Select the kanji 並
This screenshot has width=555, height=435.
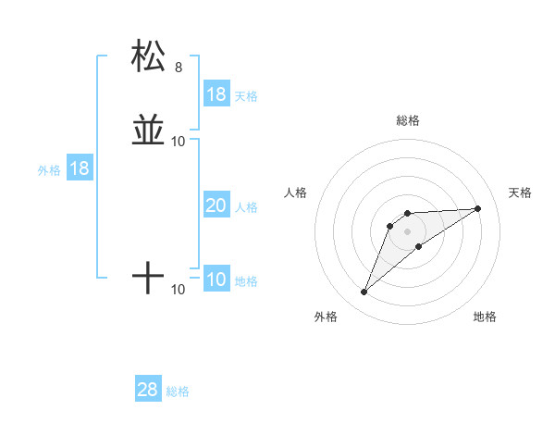tap(148, 130)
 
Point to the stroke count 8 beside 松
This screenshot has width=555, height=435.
tap(179, 68)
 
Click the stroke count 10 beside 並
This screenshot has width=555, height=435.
tap(179, 142)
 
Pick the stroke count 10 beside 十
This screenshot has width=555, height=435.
tap(179, 290)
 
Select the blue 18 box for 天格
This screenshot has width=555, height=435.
tap(216, 94)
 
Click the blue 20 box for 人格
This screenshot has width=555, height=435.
tap(216, 206)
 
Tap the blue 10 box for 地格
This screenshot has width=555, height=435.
tap(216, 280)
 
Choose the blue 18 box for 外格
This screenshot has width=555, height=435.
tap(80, 169)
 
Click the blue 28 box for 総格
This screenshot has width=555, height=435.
tap(148, 390)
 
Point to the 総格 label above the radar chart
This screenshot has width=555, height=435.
tap(408, 120)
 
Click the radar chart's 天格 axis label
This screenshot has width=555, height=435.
tap(521, 193)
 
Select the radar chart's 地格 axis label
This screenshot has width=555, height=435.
tap(485, 317)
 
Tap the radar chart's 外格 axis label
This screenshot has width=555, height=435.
tap(326, 317)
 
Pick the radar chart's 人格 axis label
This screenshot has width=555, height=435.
tap(296, 193)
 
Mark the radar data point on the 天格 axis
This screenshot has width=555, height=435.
tap(478, 208)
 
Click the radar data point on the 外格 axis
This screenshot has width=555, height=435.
tap(364, 292)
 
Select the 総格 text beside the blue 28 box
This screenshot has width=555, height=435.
tap(178, 391)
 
